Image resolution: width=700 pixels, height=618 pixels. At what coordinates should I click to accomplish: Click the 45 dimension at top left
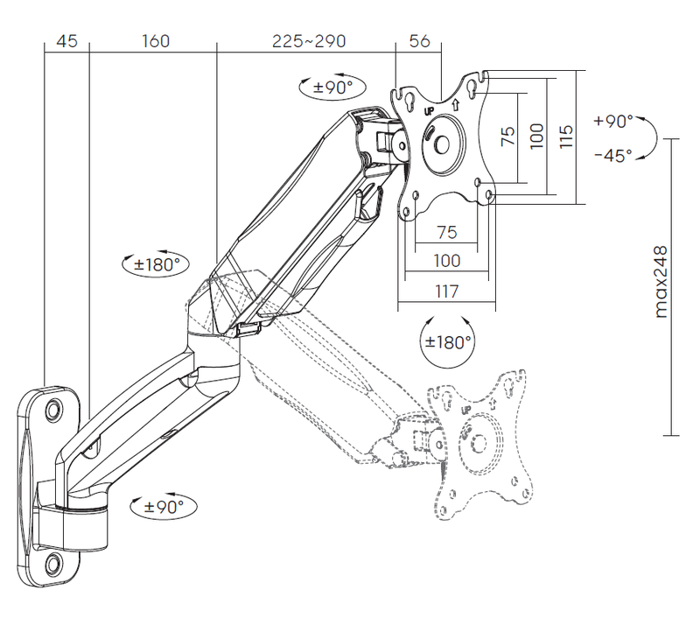point(67,41)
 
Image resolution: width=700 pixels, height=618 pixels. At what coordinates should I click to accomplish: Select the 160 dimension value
point(156,41)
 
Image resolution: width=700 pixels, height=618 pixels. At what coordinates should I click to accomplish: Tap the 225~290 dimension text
point(309,41)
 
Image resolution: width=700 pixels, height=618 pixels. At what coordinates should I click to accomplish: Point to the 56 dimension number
point(420,41)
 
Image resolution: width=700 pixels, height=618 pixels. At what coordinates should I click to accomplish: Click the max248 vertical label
point(661,281)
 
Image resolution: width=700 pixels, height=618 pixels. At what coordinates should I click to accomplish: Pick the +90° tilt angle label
point(613,121)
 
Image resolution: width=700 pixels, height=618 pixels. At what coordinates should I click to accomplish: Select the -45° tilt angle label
point(613,156)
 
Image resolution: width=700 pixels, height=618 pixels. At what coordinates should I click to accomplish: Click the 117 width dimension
point(447,291)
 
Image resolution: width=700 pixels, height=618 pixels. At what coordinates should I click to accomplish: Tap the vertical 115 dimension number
point(565,137)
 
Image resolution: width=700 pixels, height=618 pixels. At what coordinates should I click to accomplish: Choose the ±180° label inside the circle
point(448,342)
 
